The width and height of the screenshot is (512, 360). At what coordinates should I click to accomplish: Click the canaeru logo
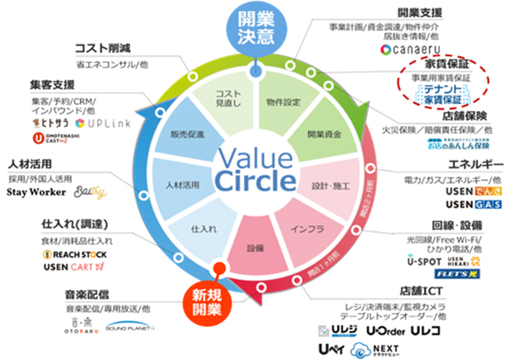tap(409, 51)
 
